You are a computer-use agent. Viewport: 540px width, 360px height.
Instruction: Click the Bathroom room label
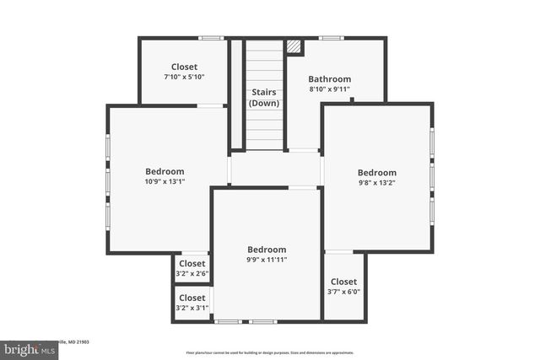[x=329, y=79]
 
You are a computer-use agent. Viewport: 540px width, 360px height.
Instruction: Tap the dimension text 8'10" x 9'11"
[x=329, y=89]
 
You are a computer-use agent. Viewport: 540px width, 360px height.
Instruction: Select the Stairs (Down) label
[x=264, y=97]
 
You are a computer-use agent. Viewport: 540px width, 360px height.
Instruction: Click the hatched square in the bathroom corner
[x=294, y=47]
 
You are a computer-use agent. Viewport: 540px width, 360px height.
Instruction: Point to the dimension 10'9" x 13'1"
[x=165, y=181]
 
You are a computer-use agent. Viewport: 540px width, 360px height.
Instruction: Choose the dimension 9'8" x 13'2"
[x=376, y=182]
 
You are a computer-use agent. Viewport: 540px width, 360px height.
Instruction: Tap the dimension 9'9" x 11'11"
[x=267, y=260]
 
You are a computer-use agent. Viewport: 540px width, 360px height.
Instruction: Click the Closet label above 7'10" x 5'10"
[x=184, y=67]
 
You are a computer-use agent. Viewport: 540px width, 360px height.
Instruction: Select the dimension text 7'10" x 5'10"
[x=184, y=77]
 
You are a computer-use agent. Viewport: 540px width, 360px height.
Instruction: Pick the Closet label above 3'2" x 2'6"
[x=192, y=264]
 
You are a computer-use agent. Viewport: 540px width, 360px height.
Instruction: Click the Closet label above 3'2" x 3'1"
[x=192, y=298]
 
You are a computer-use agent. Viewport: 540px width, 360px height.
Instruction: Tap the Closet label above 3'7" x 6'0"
[x=343, y=282]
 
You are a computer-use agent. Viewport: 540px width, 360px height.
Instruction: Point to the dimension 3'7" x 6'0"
[x=343, y=292]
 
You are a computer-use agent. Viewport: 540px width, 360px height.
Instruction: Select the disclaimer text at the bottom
[x=270, y=352]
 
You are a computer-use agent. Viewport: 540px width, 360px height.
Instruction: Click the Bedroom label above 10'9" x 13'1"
[x=165, y=171]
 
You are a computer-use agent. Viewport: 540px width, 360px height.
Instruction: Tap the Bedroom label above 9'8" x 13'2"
[x=376, y=172]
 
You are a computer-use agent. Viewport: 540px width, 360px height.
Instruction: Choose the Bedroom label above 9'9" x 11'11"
[x=267, y=250]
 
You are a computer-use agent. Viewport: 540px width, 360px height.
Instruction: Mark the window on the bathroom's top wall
[x=331, y=37]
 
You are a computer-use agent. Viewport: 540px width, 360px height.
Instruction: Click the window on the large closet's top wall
[x=210, y=37]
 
